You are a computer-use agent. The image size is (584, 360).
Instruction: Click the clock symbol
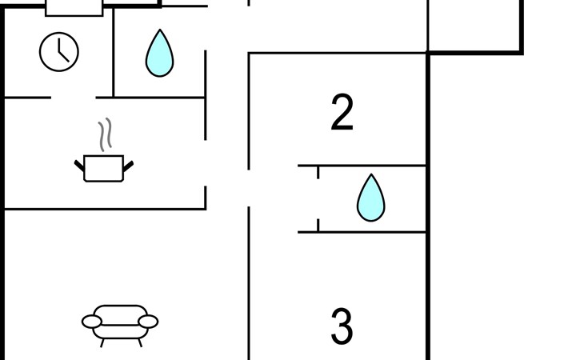(x=59, y=52)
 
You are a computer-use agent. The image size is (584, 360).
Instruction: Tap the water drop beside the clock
(x=159, y=54)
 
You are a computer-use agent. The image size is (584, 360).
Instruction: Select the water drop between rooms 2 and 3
(x=371, y=198)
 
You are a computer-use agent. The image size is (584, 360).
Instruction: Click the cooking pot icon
(x=104, y=168)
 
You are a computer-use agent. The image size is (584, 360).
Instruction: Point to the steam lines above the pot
(x=106, y=134)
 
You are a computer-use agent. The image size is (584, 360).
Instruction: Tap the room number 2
(x=342, y=112)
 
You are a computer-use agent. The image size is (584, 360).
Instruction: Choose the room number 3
(x=342, y=326)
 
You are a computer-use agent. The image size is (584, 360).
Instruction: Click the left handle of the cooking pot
(x=79, y=166)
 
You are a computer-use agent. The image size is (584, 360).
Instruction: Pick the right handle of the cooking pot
(x=128, y=166)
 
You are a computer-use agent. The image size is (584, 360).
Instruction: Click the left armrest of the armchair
(x=92, y=322)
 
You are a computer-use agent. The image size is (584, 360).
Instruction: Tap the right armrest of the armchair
(x=148, y=322)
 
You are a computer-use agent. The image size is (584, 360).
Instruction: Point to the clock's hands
(x=62, y=52)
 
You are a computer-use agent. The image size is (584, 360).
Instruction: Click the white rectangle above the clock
(x=74, y=8)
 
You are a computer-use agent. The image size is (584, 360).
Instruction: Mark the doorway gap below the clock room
(x=74, y=98)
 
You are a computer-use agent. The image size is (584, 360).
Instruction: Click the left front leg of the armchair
(x=102, y=343)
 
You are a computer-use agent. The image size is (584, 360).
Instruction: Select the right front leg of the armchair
(x=140, y=343)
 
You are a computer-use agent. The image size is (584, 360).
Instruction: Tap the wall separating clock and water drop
(x=114, y=53)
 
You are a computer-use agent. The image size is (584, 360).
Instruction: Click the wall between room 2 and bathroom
(x=362, y=166)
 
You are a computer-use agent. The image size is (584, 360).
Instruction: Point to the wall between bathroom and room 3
(x=362, y=232)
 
